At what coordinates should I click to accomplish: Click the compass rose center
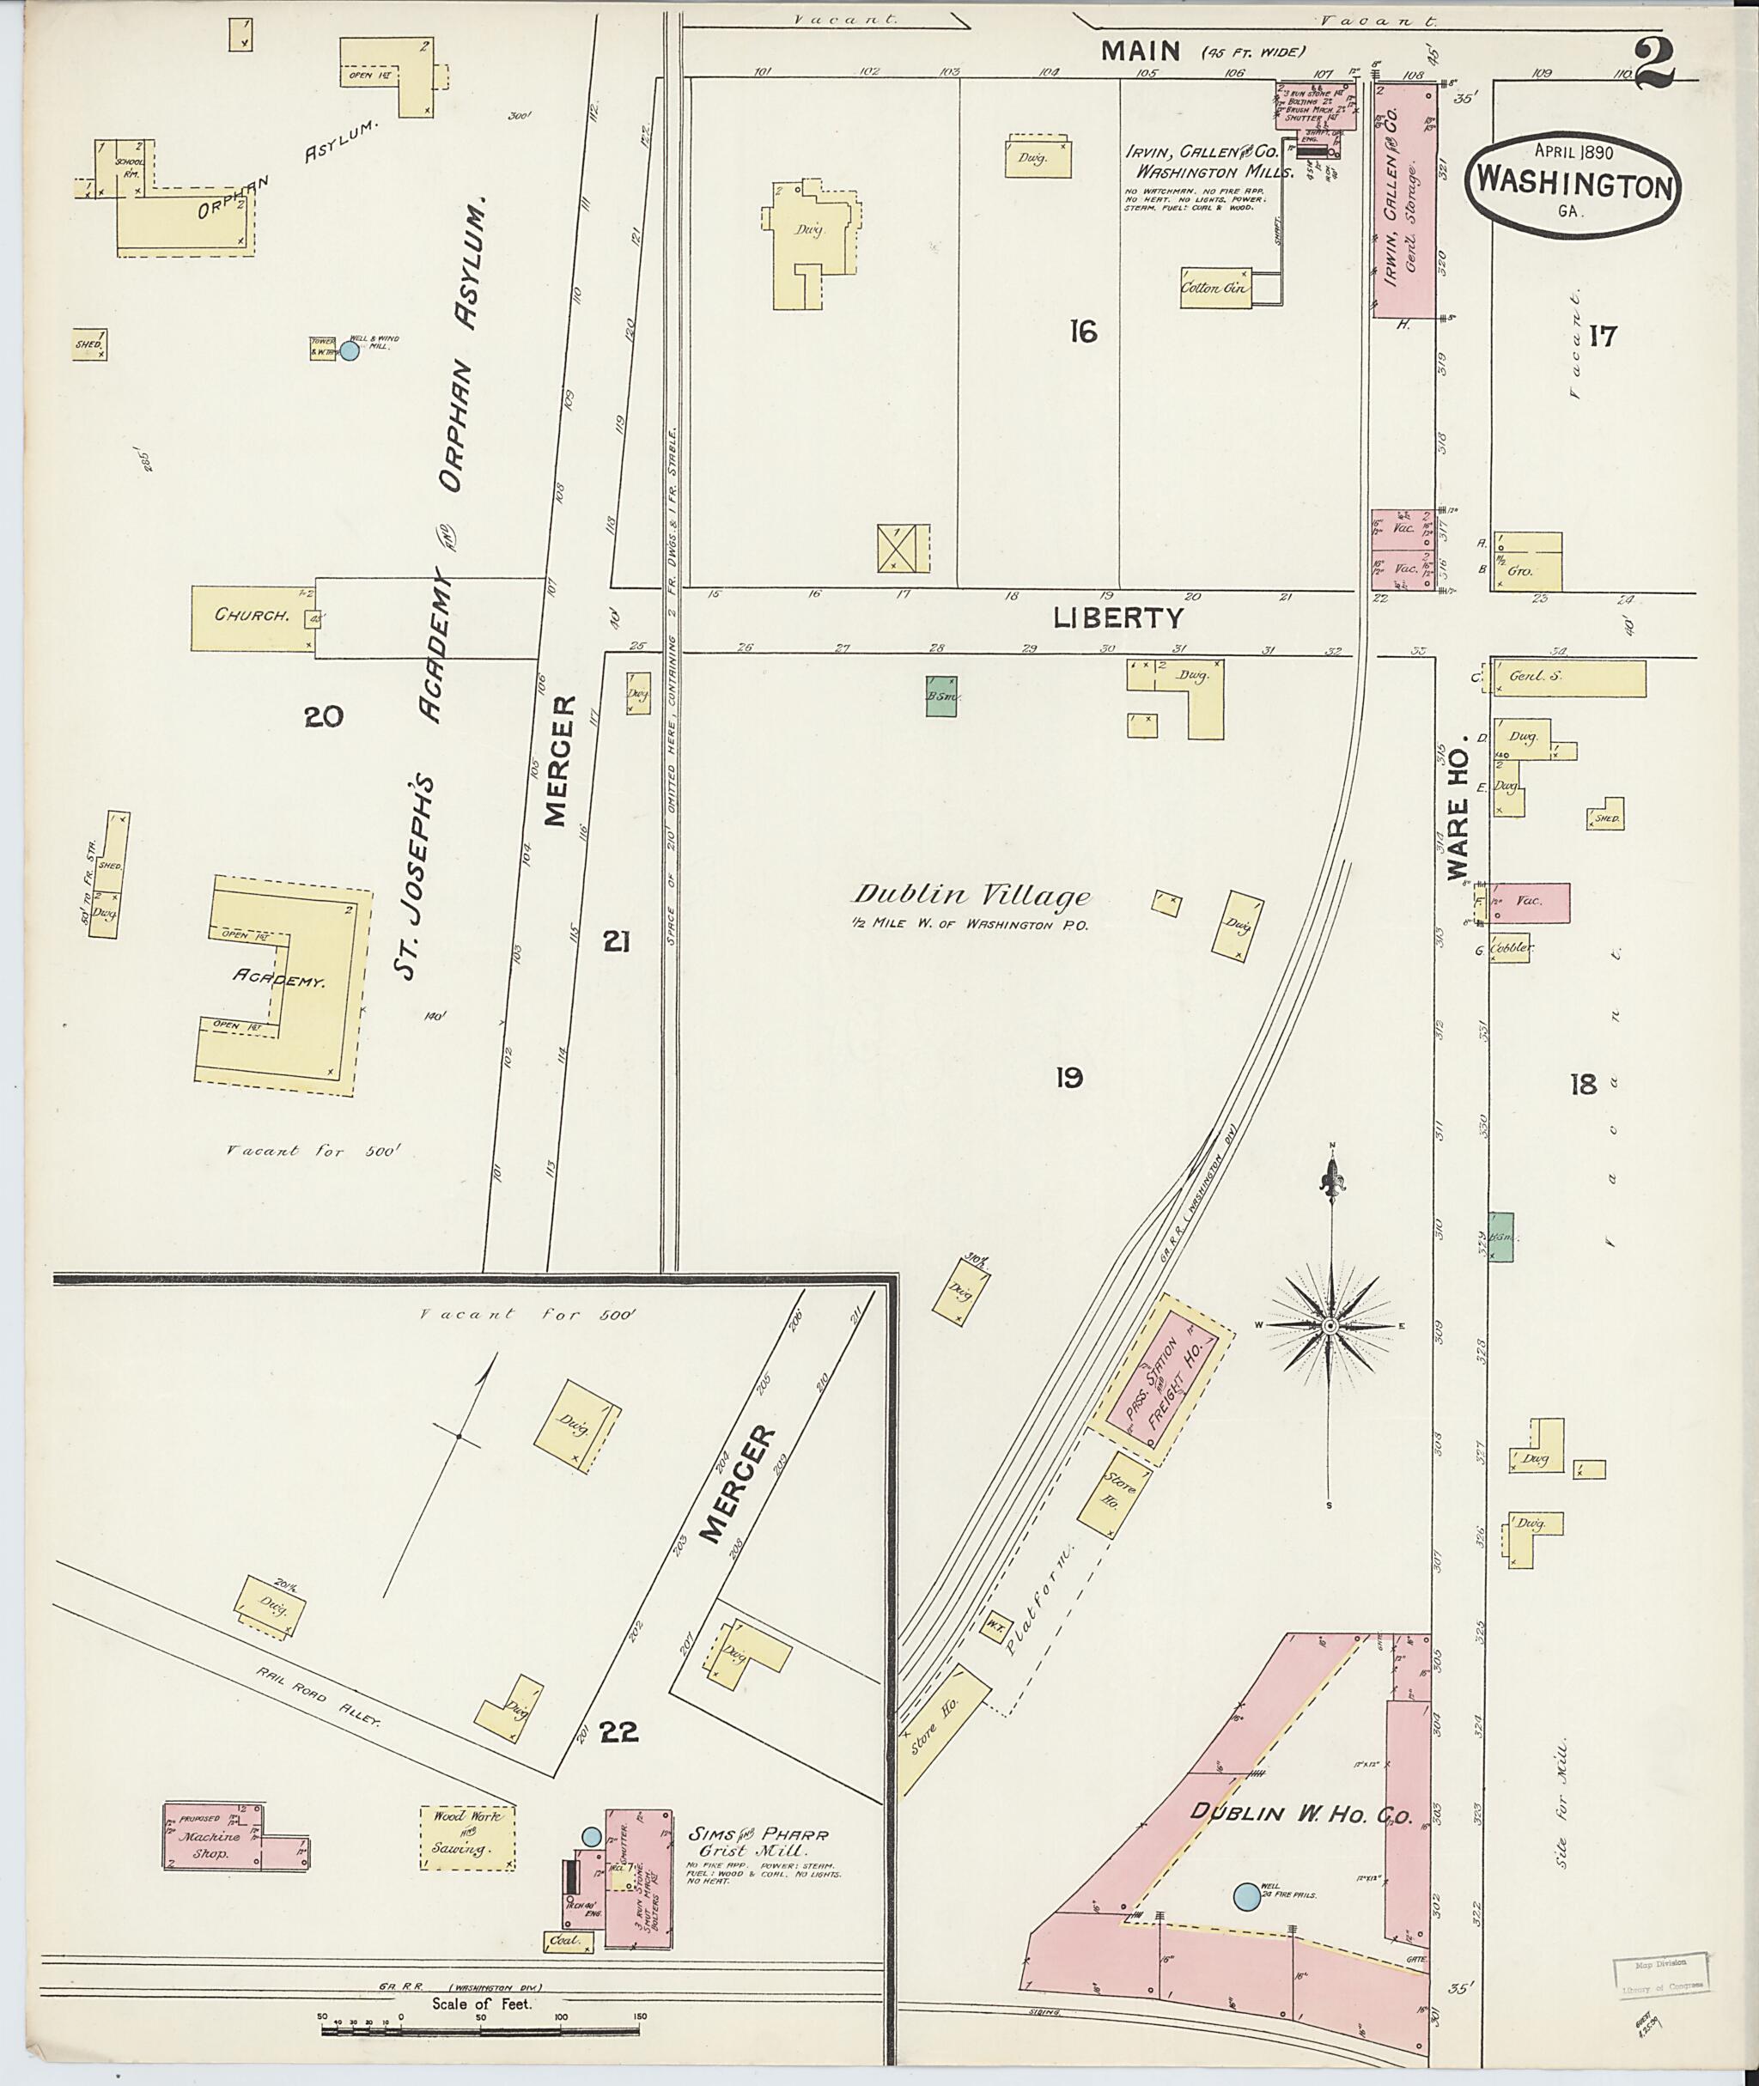coord(1330,1326)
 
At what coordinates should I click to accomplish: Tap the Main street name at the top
coord(1141,51)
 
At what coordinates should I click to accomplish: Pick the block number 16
coord(1082,331)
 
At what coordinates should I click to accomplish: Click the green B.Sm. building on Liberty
coord(941,697)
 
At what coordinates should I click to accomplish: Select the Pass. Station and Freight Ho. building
coord(1159,1381)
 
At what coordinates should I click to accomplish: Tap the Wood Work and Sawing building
coord(468,1837)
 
